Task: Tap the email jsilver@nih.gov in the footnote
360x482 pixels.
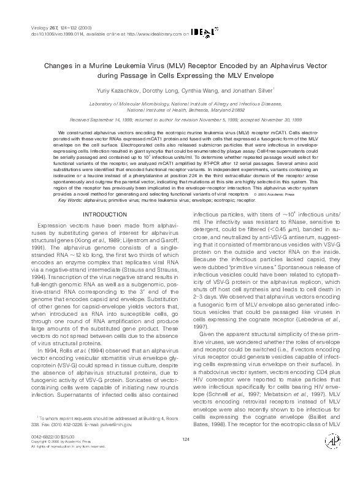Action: [x=115, y=423]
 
